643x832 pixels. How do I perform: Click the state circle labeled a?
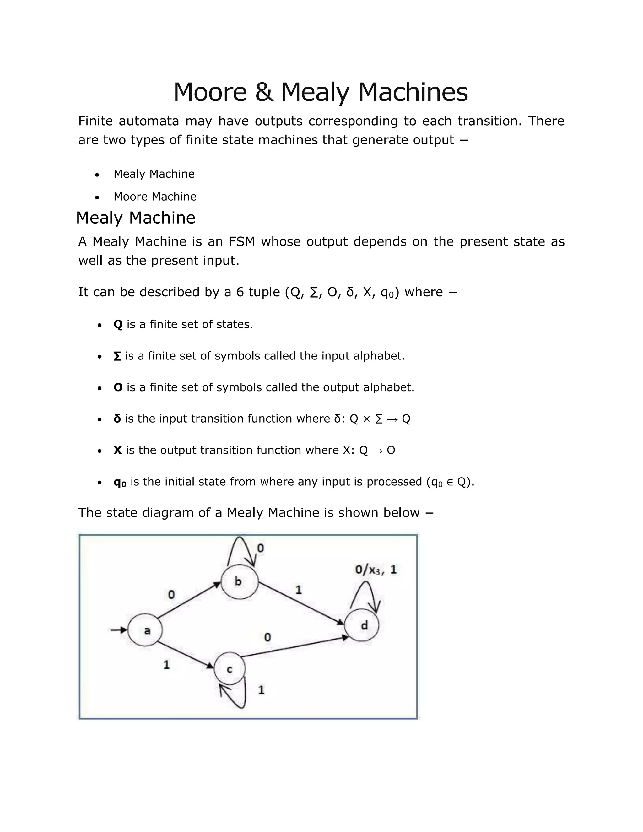tap(145, 630)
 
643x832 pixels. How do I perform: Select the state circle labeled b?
tap(239, 582)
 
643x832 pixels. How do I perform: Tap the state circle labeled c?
tap(230, 669)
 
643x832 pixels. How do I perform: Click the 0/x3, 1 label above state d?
tap(376, 570)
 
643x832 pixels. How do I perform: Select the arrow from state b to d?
tap(301, 604)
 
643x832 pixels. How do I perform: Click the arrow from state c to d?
tap(295, 646)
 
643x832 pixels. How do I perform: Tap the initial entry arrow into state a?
tap(118, 630)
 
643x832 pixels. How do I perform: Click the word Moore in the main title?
tap(210, 92)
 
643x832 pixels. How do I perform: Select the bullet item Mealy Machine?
tap(154, 174)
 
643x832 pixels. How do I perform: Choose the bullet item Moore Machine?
tap(155, 197)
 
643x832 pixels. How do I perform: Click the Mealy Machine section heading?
tap(136, 218)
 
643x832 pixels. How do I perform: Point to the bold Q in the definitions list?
tap(118, 325)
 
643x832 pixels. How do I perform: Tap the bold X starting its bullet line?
tap(117, 450)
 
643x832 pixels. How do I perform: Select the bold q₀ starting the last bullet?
tap(120, 482)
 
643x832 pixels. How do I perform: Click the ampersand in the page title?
tap(264, 92)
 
